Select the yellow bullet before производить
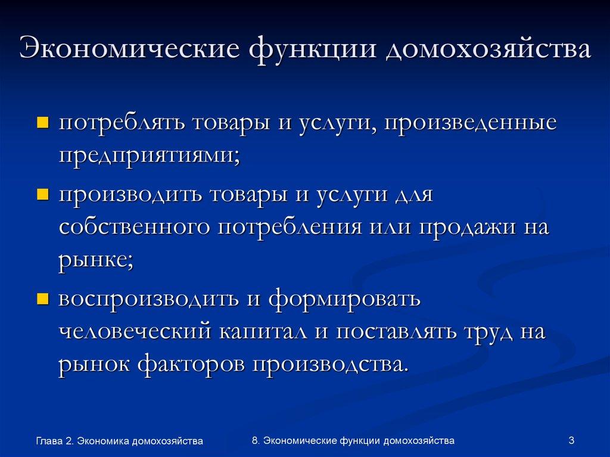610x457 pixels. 42,195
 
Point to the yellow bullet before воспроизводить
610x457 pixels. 42,299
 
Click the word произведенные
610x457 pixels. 470,125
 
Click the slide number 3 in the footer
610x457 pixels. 571,440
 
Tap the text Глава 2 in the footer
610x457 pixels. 54,441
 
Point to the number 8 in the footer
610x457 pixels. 255,440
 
